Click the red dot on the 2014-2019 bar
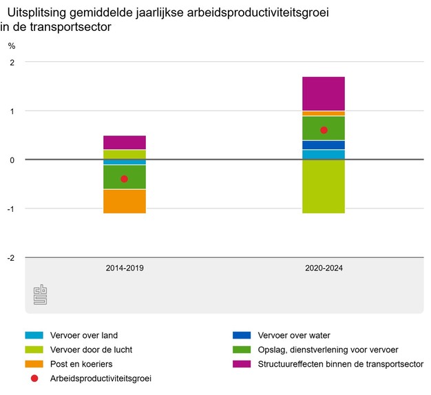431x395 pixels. pyautogui.click(x=125, y=179)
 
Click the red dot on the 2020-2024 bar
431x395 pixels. pyautogui.click(x=324, y=130)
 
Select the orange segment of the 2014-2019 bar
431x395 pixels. pyautogui.click(x=125, y=201)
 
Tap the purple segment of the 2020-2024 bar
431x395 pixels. pyautogui.click(x=324, y=94)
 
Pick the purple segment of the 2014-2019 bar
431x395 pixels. pyautogui.click(x=125, y=142)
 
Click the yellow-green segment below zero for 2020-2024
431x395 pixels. pyautogui.click(x=324, y=186)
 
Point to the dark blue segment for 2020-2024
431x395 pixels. pyautogui.click(x=324, y=145)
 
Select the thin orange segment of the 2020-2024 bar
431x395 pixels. pyautogui.click(x=324, y=114)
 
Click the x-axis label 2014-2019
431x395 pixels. pyautogui.click(x=125, y=268)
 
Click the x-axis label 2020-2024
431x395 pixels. pyautogui.click(x=324, y=268)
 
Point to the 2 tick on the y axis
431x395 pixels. pyautogui.click(x=12, y=63)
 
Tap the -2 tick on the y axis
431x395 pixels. pyautogui.click(x=10, y=258)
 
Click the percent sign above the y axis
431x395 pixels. pyautogui.click(x=11, y=46)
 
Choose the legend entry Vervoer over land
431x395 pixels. pyautogui.click(x=83, y=336)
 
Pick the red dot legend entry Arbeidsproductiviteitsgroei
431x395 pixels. pyautogui.click(x=100, y=378)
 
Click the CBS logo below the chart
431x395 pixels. pyautogui.click(x=41, y=295)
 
